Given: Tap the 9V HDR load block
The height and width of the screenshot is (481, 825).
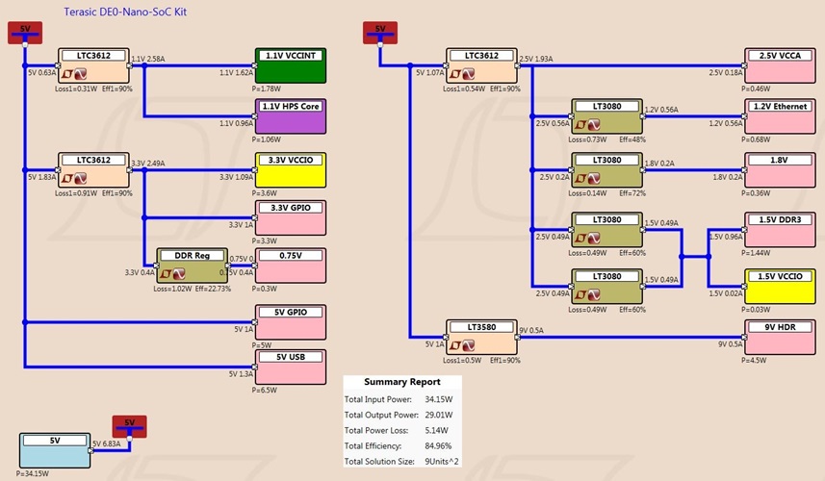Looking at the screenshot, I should click(x=781, y=338).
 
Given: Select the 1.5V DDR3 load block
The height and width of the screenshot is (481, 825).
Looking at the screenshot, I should click(x=781, y=230).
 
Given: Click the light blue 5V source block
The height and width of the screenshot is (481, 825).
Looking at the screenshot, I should click(x=56, y=450).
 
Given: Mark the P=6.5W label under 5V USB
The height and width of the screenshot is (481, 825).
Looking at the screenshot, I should click(x=264, y=390).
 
